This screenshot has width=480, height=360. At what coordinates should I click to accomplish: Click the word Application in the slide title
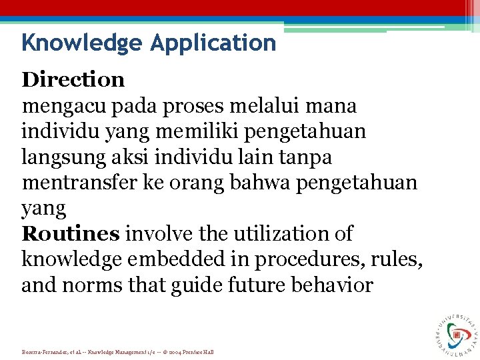tap(213, 43)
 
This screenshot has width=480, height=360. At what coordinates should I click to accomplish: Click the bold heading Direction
tap(73, 79)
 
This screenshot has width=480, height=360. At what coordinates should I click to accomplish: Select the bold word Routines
tap(71, 234)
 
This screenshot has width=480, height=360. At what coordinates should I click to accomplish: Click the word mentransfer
tap(80, 183)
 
